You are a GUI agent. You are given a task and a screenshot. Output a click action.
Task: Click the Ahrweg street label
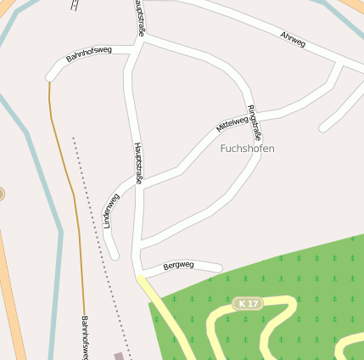(x=293, y=39)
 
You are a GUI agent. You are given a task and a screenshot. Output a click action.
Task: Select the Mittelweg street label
(x=232, y=124)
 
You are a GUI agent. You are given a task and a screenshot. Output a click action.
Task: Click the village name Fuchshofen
(x=247, y=148)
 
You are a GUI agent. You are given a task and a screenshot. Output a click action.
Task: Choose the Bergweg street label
(x=178, y=265)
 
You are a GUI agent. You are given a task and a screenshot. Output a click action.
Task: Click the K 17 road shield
(x=248, y=303)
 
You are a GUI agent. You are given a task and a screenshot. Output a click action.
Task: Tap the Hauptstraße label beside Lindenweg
(x=137, y=163)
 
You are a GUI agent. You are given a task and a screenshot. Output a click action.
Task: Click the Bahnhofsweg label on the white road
(x=88, y=57)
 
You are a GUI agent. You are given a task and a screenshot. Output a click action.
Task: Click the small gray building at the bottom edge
(x=118, y=356)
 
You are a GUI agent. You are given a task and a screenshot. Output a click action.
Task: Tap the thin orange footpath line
(x=68, y=170)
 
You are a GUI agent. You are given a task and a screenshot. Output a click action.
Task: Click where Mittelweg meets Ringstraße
(x=255, y=112)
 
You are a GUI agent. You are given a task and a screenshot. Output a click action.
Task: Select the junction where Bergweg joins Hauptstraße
(x=139, y=273)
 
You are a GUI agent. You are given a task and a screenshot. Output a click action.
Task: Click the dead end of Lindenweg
(x=115, y=256)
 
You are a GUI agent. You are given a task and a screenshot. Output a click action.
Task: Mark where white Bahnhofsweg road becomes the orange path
(x=49, y=80)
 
